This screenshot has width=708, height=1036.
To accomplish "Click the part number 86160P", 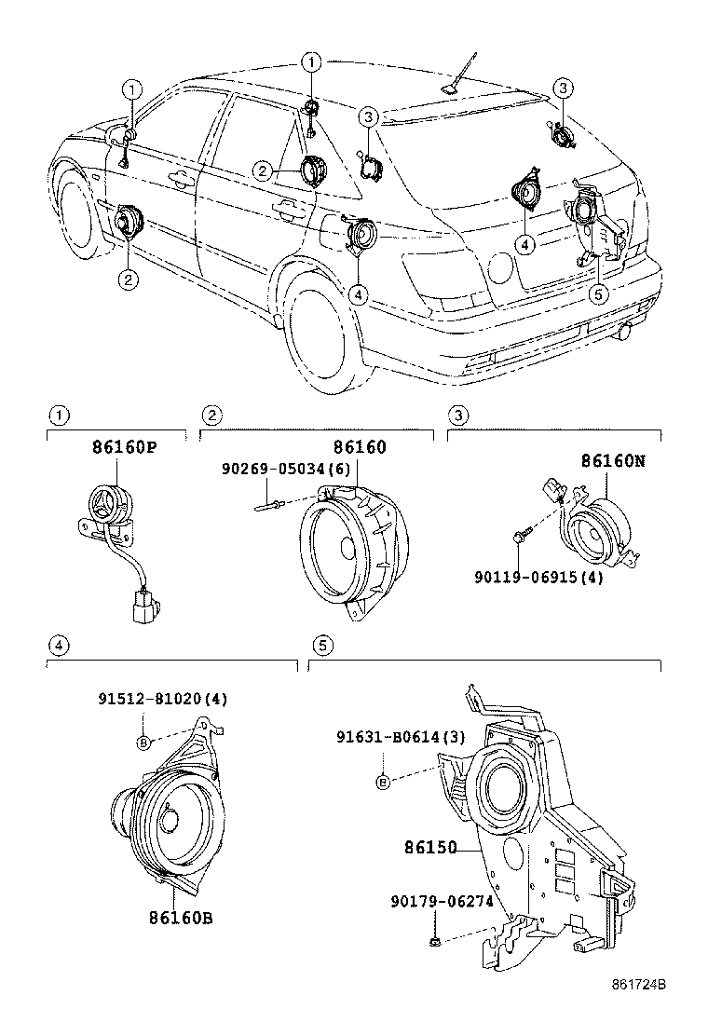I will [x=123, y=447].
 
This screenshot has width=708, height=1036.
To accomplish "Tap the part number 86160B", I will [x=180, y=918].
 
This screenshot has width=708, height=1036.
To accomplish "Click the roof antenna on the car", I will [x=456, y=80].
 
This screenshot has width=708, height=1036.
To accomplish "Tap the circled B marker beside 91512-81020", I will [x=143, y=743].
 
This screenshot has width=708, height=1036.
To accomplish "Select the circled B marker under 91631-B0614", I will [x=382, y=781].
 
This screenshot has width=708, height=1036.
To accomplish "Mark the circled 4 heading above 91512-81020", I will [x=58, y=645].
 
